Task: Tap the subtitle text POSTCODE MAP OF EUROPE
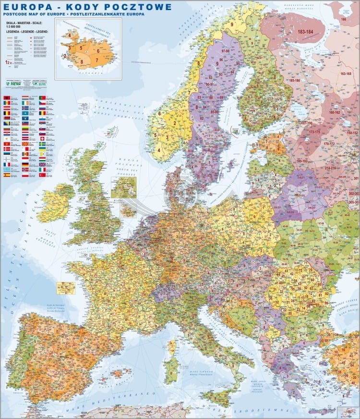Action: pyautogui.click(x=36, y=14)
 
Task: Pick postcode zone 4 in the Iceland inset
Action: pyautogui.click(x=70, y=36)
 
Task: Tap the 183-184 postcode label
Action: pyautogui.click(x=305, y=32)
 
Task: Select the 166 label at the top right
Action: pyautogui.click(x=343, y=19)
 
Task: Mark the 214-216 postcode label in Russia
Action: pyautogui.click(x=330, y=168)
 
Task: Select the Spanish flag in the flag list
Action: pyautogui.click(x=7, y=175)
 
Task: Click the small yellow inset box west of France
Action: pyautogui.click(x=66, y=288)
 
